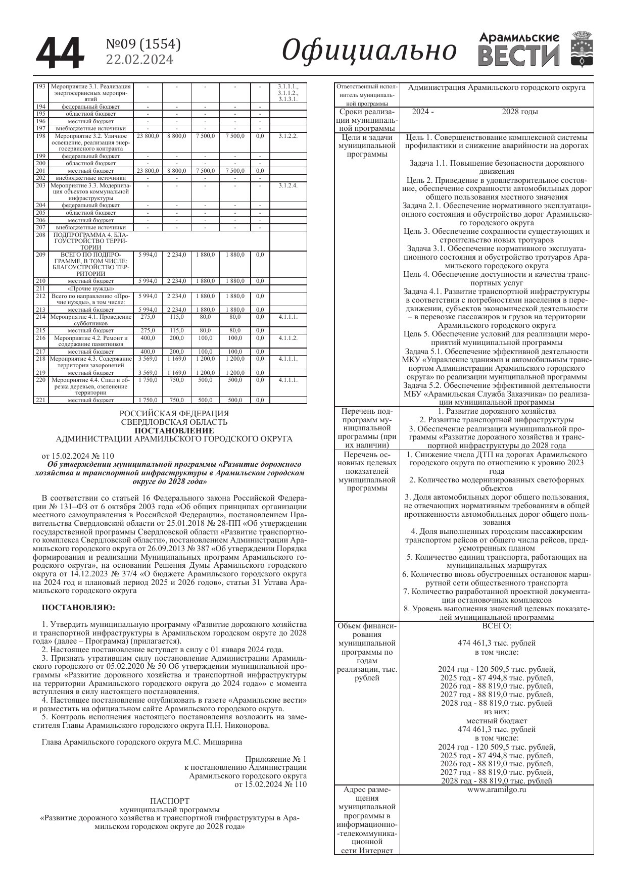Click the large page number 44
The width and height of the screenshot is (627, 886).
59,52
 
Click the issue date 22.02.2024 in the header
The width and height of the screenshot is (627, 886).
139,60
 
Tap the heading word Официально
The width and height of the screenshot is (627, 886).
369,51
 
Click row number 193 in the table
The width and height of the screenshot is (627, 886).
40,87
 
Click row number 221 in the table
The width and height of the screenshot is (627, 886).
40,400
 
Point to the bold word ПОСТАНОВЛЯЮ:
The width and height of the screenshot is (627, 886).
78,606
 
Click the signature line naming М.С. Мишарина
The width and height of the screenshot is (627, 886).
141,742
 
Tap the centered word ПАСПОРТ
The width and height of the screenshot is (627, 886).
170,801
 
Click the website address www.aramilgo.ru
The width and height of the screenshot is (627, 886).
497,789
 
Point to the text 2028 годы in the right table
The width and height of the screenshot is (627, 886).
519,112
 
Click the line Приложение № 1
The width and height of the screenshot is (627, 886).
275,759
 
